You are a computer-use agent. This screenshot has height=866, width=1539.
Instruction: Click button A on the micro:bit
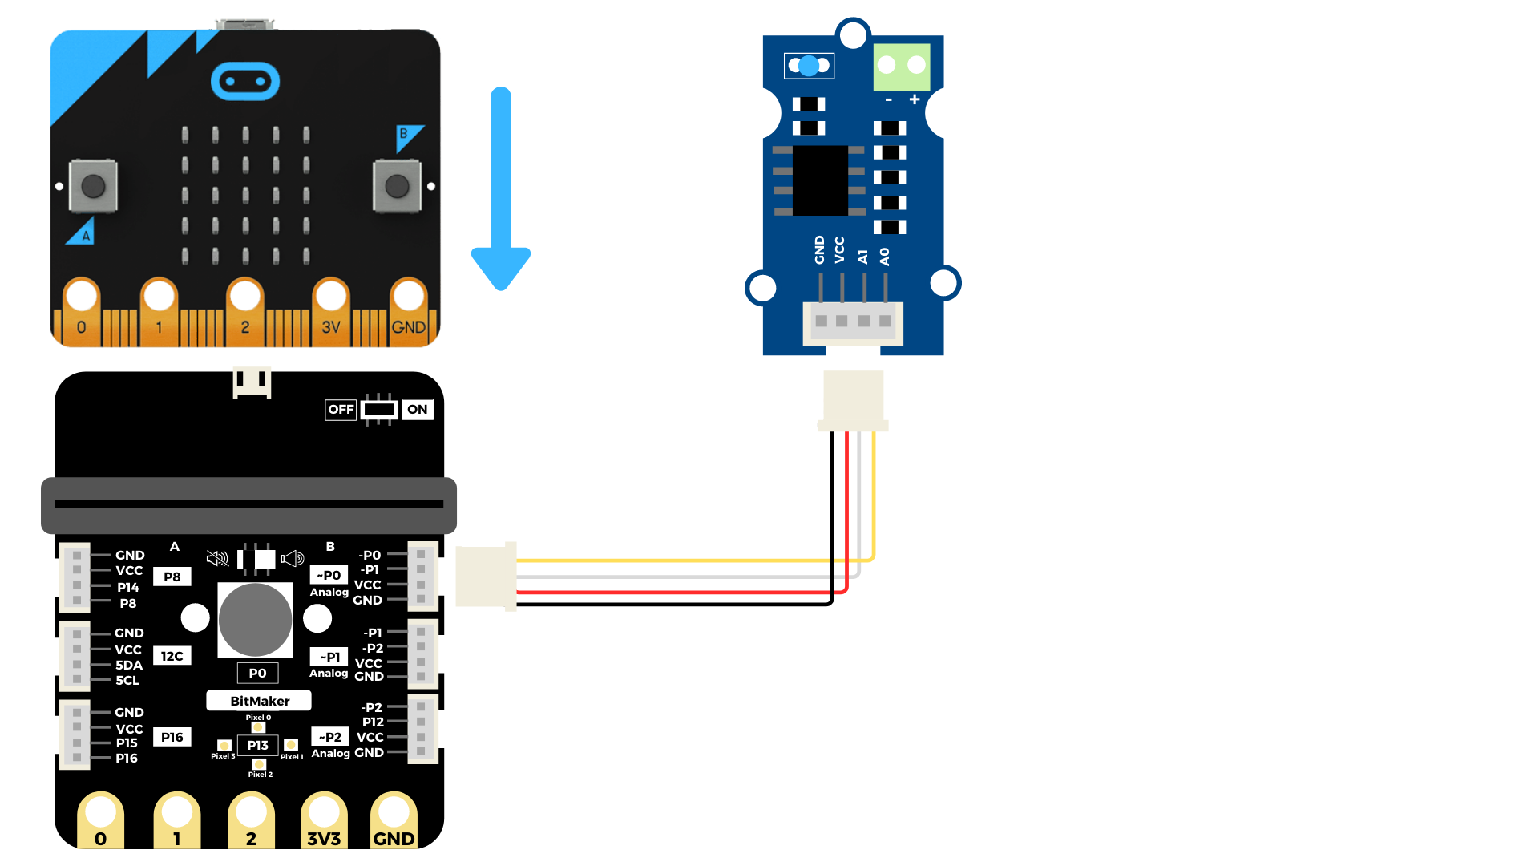93,186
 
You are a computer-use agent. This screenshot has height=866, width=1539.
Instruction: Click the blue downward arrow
501,188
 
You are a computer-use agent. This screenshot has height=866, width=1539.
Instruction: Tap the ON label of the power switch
417,409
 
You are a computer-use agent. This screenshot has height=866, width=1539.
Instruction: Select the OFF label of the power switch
341,409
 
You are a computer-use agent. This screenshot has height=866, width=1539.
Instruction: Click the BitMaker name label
259,701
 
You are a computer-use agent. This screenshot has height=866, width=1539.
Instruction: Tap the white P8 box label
172,577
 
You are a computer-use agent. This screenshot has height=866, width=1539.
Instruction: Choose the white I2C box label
172,656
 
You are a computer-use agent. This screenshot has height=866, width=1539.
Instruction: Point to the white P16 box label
172,737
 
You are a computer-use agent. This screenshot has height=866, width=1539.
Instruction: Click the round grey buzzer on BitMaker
256,620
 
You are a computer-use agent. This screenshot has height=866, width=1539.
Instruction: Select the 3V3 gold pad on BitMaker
324,820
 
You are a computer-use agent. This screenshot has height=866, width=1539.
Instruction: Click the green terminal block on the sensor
902,67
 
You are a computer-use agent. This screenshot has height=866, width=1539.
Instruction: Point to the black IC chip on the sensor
820,180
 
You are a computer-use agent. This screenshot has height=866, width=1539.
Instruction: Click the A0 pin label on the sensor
884,257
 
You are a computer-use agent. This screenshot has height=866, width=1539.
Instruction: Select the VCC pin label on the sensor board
839,249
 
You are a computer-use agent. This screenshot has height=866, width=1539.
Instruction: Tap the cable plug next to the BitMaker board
486,577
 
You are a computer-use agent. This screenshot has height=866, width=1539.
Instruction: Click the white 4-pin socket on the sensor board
853,323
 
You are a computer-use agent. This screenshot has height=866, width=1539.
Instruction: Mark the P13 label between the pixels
258,746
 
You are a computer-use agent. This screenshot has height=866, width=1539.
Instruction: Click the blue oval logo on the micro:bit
245,82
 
